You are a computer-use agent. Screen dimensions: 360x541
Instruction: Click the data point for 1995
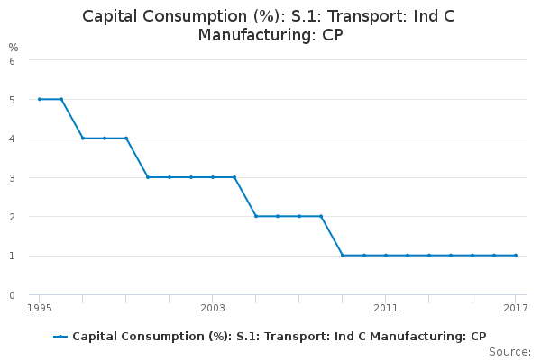(x=40, y=99)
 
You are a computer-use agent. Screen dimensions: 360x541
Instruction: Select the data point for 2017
(x=516, y=255)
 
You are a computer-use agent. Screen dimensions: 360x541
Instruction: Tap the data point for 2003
(x=213, y=177)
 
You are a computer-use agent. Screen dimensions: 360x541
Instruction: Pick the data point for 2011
(x=386, y=255)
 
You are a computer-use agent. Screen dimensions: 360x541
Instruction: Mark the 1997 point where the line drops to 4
(x=83, y=138)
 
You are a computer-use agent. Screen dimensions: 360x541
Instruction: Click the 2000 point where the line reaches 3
(x=148, y=177)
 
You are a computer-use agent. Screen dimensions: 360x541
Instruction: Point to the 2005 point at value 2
(x=256, y=216)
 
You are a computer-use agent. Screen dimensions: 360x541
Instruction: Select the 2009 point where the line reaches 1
(x=343, y=255)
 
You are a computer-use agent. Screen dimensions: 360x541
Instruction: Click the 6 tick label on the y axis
(x=12, y=60)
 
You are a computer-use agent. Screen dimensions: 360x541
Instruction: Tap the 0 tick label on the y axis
(x=12, y=294)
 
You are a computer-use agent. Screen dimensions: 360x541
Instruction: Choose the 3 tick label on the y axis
(x=12, y=177)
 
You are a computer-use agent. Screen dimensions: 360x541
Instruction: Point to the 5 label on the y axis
(x=12, y=99)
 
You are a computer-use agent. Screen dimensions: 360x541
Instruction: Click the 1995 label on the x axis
(x=40, y=309)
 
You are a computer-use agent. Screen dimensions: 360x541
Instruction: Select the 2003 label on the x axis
(x=213, y=309)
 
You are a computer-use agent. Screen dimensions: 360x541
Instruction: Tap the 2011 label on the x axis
(x=386, y=309)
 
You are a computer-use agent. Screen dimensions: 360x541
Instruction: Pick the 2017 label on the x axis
(x=516, y=309)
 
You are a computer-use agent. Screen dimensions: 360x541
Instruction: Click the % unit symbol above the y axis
(x=13, y=47)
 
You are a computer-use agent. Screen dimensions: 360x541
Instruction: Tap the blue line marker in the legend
(x=60, y=337)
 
